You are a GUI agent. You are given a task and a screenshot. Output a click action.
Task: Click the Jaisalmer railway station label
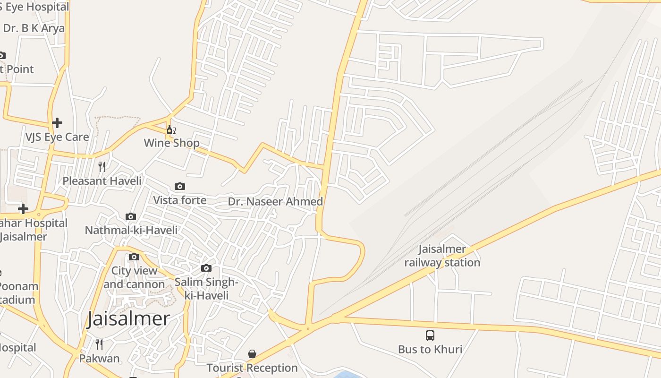(442, 256)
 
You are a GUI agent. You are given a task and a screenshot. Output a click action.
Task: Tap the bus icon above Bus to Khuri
(430, 335)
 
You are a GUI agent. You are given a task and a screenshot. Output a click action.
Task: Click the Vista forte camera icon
(180, 187)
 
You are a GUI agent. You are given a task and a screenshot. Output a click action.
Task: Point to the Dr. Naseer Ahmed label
(275, 202)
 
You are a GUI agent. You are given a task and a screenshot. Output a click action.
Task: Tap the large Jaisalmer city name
(128, 319)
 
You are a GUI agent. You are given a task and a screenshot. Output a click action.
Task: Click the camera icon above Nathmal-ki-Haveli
(131, 217)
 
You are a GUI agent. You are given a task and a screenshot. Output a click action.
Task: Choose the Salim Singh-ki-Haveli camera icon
(206, 268)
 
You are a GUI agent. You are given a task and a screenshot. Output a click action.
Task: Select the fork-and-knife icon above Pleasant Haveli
(102, 166)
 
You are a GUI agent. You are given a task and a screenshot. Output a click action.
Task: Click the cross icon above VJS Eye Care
(57, 123)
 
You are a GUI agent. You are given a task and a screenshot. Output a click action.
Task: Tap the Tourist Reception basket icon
(252, 354)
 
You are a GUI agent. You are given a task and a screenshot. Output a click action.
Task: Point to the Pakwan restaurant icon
(99, 344)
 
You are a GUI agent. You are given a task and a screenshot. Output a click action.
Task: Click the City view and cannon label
(134, 277)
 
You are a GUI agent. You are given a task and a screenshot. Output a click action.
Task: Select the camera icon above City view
(134, 257)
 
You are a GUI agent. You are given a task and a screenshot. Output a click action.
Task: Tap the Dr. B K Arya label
(34, 28)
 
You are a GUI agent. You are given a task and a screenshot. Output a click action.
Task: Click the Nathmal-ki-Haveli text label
(131, 230)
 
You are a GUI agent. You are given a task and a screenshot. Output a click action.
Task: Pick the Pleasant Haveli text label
(102, 181)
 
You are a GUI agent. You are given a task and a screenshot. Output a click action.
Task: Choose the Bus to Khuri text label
(430, 350)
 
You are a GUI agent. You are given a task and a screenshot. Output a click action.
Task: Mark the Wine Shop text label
(171, 143)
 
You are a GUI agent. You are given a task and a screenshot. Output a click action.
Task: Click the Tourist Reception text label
(252, 368)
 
